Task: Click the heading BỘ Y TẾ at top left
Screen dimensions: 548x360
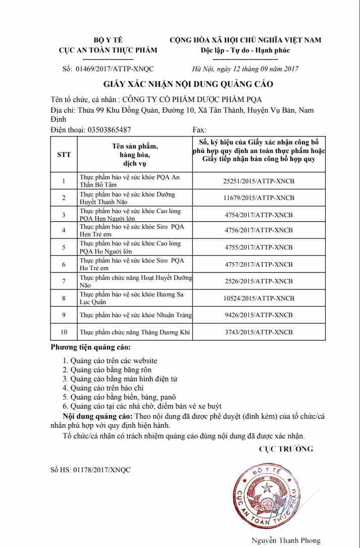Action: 108,40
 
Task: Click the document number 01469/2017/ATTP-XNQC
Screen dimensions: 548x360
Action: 115,69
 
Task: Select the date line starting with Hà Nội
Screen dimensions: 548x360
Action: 245,69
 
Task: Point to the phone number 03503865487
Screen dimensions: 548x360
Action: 109,130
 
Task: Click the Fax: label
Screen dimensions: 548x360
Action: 199,130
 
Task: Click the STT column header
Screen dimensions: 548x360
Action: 64,155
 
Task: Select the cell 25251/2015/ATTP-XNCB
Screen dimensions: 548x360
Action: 258,181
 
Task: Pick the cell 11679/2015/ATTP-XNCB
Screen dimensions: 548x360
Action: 258,197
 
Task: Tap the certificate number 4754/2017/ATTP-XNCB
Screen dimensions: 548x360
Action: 258,215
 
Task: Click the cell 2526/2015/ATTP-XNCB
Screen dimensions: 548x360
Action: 258,281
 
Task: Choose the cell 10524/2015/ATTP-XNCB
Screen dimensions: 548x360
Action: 258,298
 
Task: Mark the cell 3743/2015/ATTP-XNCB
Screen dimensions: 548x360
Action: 258,332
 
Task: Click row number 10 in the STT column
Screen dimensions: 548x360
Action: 64,332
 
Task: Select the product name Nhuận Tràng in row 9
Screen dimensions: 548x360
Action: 136,315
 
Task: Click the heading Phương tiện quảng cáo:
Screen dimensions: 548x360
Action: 90,347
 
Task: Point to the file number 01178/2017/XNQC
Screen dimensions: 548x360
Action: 91,470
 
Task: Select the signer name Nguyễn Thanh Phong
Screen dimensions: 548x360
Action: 286,540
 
